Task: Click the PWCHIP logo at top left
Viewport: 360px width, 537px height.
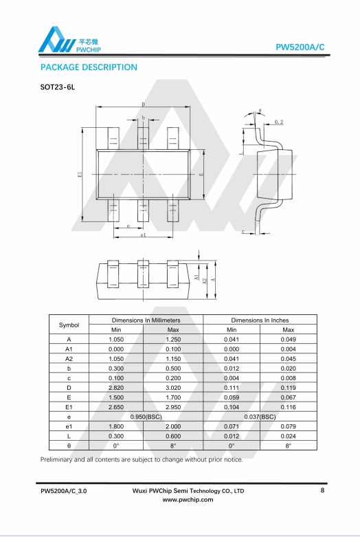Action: pyautogui.click(x=69, y=40)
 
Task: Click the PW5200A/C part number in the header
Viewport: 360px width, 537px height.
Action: pyautogui.click(x=300, y=47)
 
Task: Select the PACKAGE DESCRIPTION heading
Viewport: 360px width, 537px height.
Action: pyautogui.click(x=89, y=67)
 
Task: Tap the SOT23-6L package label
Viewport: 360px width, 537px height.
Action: pyautogui.click(x=58, y=87)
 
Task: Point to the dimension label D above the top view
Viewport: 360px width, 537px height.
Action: pyautogui.click(x=143, y=104)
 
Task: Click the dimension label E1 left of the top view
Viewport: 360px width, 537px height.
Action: pyautogui.click(x=80, y=175)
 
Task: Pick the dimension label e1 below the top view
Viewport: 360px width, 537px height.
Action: pyautogui.click(x=143, y=235)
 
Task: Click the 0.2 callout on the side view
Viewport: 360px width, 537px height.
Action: pyautogui.click(x=279, y=122)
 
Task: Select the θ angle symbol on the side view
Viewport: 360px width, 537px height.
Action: pyautogui.click(x=260, y=111)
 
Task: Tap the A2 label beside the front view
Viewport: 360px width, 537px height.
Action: pyautogui.click(x=205, y=281)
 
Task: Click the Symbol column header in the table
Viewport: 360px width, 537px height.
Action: pyautogui.click(x=69, y=325)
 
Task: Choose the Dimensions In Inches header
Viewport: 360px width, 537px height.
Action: pyautogui.click(x=260, y=320)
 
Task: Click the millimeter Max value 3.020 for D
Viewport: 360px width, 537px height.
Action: pyautogui.click(x=173, y=388)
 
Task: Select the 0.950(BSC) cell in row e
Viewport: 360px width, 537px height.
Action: pyautogui.click(x=146, y=417)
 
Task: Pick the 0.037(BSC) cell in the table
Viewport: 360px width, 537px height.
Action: pyautogui.click(x=260, y=417)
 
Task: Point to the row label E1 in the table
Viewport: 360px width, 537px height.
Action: pyautogui.click(x=69, y=407)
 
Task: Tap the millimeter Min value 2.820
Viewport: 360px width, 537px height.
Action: pyautogui.click(x=116, y=388)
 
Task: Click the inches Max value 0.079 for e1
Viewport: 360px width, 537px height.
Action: pyautogui.click(x=288, y=426)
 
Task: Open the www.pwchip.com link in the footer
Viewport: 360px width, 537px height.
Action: pyautogui.click(x=188, y=500)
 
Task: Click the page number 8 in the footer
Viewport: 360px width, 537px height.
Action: pyautogui.click(x=322, y=490)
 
